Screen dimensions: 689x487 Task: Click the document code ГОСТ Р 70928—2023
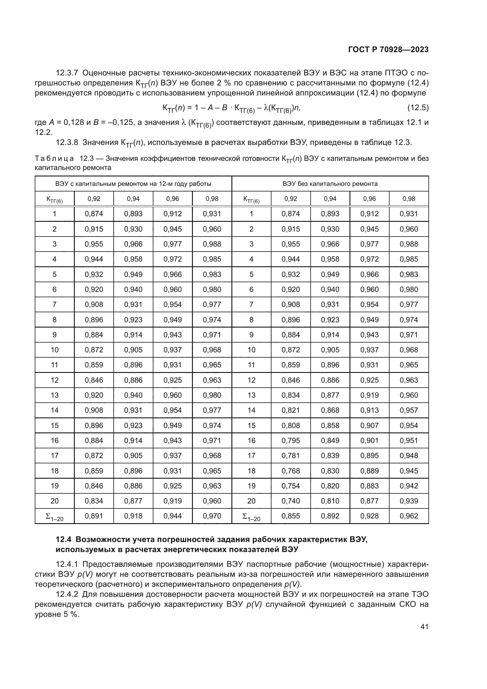pyautogui.click(x=388, y=50)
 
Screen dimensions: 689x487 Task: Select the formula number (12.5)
pyautogui.click(x=418, y=108)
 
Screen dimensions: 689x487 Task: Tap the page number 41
pyautogui.click(x=424, y=627)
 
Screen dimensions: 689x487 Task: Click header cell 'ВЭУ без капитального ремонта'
pyautogui.click(x=330, y=184)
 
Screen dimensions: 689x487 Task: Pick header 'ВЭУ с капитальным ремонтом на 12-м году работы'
pyautogui.click(x=133, y=184)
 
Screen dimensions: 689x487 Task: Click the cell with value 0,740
pyautogui.click(x=291, y=501)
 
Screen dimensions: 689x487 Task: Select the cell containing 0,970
pyautogui.click(x=212, y=516)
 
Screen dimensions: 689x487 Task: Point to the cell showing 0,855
pyautogui.click(x=291, y=516)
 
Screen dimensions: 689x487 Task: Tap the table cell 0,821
pyautogui.click(x=291, y=410)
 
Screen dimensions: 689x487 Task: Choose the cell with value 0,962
pyautogui.click(x=408, y=516)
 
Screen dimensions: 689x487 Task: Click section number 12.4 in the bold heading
pyautogui.click(x=64, y=540)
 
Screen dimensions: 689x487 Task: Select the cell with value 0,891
pyautogui.click(x=94, y=516)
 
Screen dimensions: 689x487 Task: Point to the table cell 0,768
pyautogui.click(x=291, y=471)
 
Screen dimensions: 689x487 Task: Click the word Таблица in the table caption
pyautogui.click(x=54, y=158)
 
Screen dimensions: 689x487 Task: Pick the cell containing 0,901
pyautogui.click(x=369, y=440)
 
